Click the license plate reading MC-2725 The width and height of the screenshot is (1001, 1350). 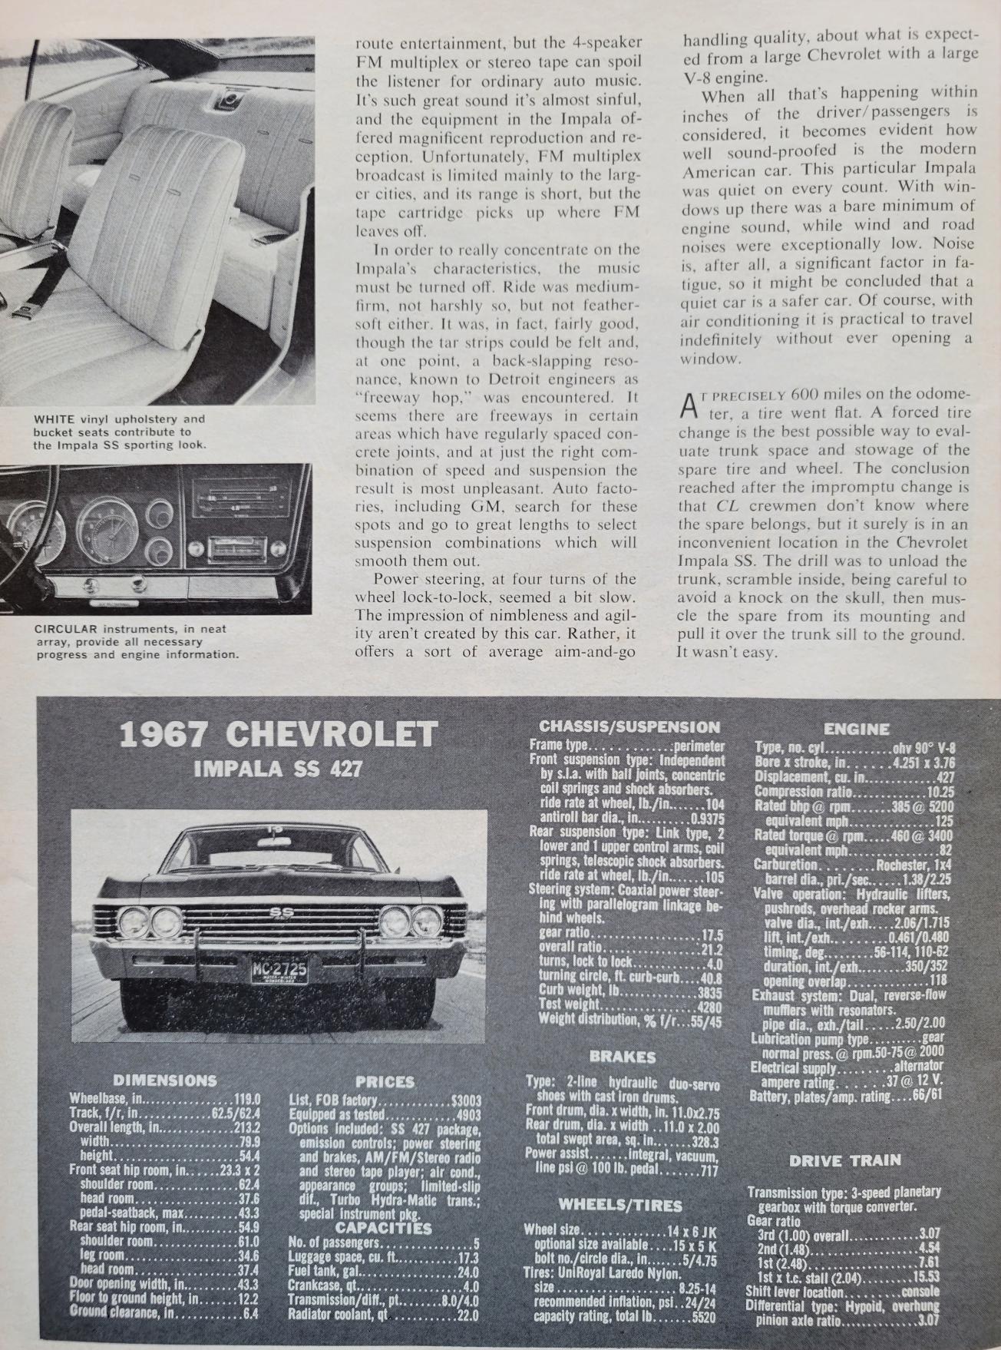[x=279, y=970]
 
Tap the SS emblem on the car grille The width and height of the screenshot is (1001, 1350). [x=276, y=912]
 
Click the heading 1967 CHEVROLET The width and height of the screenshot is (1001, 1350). [x=278, y=735]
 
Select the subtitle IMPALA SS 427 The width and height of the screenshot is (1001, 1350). [x=278, y=769]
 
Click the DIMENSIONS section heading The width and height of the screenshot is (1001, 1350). [x=164, y=1080]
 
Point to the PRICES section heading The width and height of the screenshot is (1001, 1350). [x=385, y=1082]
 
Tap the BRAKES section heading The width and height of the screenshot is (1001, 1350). [x=623, y=1057]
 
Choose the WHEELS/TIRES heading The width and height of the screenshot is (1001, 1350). [x=620, y=1205]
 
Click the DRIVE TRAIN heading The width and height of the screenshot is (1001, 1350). [x=844, y=1160]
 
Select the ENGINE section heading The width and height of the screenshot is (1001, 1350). [x=856, y=730]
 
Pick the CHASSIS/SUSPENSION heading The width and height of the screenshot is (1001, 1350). [x=629, y=726]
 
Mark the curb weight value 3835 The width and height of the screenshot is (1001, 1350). [x=710, y=990]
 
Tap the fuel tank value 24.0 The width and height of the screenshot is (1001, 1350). [x=467, y=1270]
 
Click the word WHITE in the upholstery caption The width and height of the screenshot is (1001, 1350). [x=54, y=419]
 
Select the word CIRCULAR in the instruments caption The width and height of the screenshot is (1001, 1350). [x=64, y=629]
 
